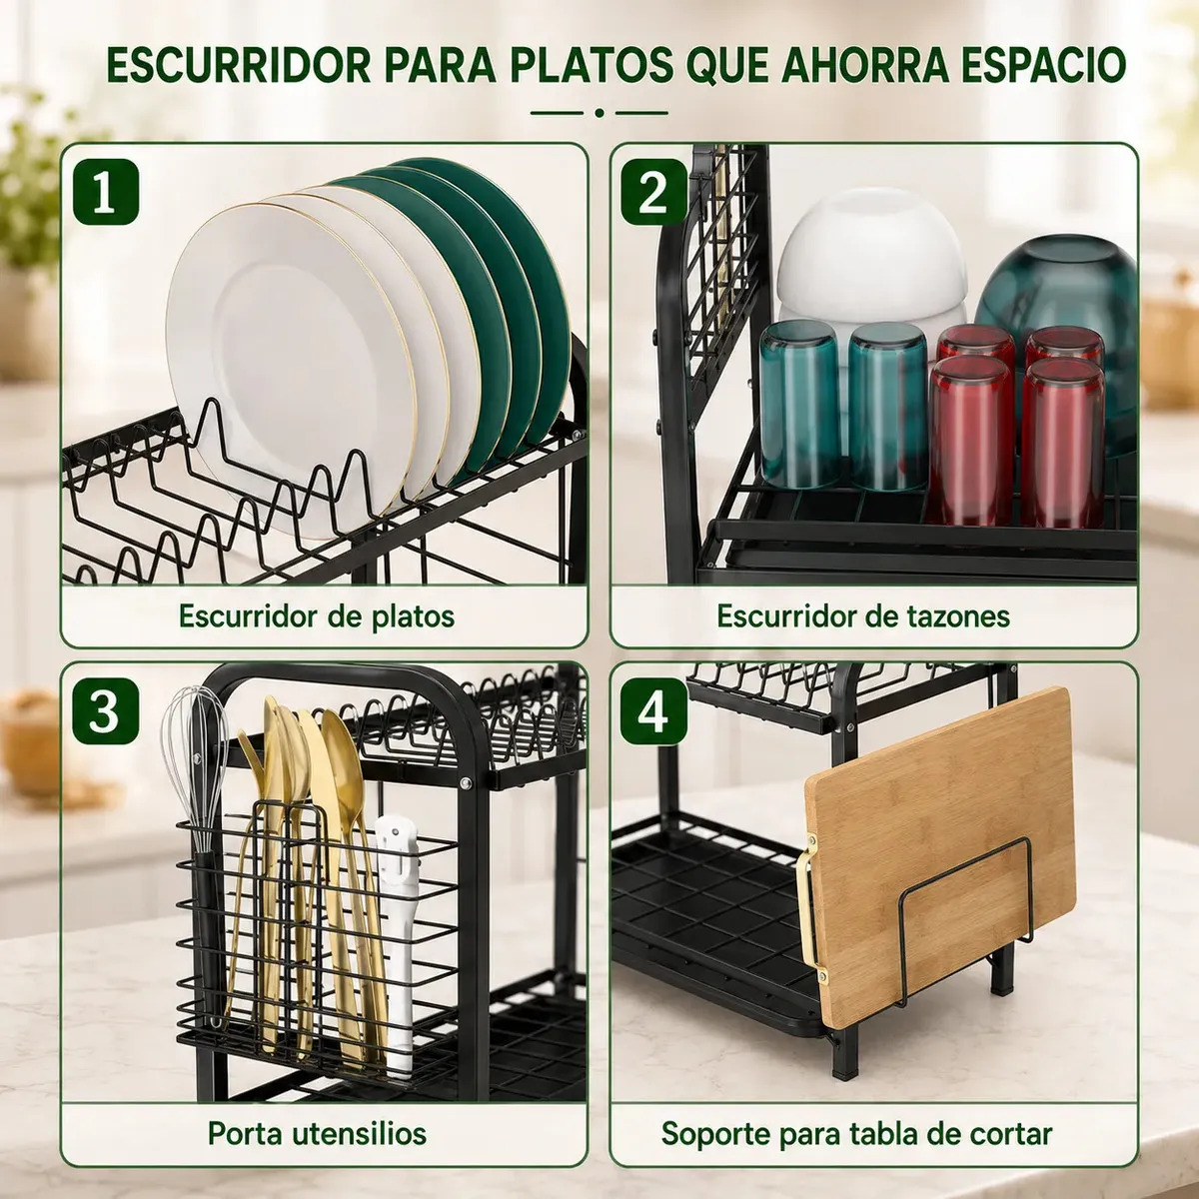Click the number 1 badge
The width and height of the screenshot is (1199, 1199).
pos(105,192)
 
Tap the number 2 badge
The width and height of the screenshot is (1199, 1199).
pos(653,192)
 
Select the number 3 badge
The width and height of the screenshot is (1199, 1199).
pos(105,711)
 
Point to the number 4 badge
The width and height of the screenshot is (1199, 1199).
pos(653,711)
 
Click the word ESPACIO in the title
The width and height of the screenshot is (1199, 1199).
pos(1043,64)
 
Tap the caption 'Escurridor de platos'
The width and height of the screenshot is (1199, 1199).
pos(317,616)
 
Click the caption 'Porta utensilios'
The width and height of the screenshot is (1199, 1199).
pos(317,1134)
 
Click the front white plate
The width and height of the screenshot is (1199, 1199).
pos(291,367)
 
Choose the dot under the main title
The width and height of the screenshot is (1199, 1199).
pos(599,113)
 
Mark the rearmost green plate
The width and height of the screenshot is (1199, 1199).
pos(498,274)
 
